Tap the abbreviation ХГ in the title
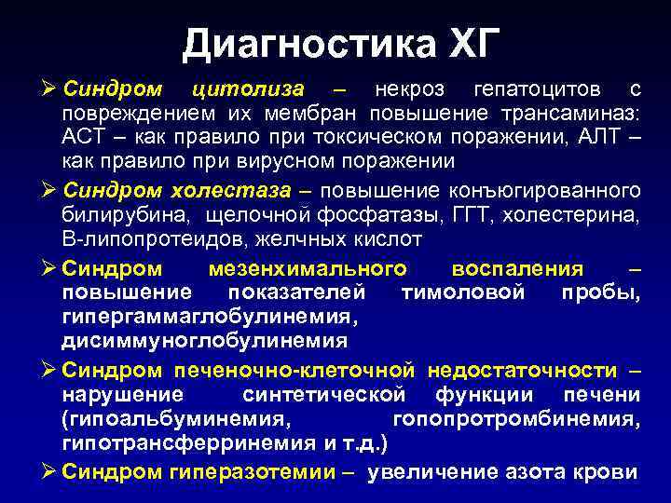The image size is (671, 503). coord(467,43)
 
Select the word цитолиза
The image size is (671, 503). coord(247,89)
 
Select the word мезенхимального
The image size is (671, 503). coord(305,269)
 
